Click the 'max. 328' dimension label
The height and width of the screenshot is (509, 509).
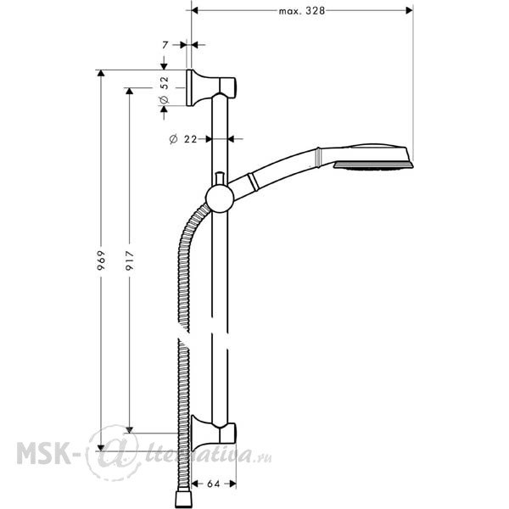point(301,11)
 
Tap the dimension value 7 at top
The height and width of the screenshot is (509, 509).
point(165,45)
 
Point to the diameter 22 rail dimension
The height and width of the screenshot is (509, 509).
point(183,139)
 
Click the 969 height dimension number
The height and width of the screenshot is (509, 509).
point(102,260)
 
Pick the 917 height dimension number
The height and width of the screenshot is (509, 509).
point(130,260)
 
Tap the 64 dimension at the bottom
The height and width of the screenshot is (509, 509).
point(213,484)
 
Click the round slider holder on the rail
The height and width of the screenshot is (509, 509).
point(220,199)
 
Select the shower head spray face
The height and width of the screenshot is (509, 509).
point(373,166)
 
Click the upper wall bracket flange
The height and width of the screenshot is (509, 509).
point(189,87)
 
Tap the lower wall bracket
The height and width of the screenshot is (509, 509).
point(213,433)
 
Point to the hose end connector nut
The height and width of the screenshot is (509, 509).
point(183,500)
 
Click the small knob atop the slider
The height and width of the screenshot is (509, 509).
point(220,179)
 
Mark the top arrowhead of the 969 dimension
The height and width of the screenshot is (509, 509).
point(101,73)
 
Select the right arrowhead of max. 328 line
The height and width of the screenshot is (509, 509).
point(410,11)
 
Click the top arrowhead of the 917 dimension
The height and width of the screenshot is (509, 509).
point(130,91)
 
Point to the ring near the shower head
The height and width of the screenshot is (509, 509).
point(318,158)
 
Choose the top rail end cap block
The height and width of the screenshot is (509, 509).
point(227,86)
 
